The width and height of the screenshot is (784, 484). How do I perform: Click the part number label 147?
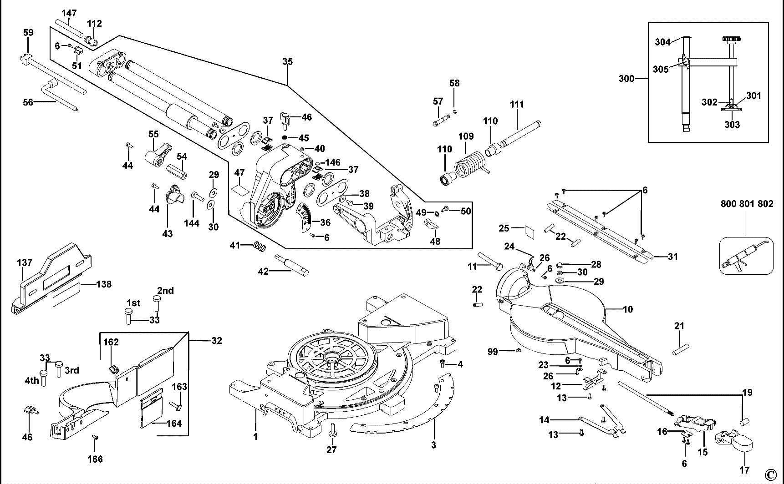pos(69,13)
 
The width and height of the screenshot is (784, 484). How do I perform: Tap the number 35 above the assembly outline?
pos(287,61)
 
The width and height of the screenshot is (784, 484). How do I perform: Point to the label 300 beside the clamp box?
pos(626,79)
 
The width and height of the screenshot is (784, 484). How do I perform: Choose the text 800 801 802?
pos(747,204)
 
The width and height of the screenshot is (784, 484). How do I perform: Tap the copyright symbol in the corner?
pos(769,474)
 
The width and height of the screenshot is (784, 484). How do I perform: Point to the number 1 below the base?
pos(255,437)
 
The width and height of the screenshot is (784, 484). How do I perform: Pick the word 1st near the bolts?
pos(133,303)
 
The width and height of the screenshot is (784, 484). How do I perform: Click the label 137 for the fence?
pos(25,262)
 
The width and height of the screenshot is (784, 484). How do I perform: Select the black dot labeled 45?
pos(285,137)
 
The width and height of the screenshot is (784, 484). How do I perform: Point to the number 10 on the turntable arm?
pos(628,309)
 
